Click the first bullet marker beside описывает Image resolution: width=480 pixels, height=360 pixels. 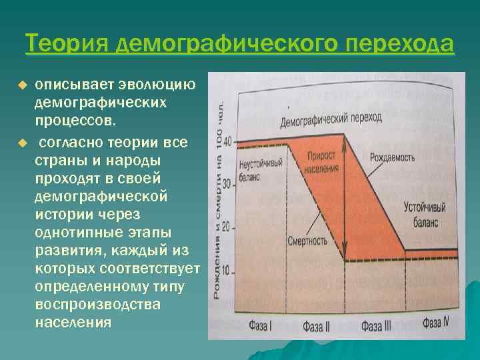pyautogui.click(x=22, y=87)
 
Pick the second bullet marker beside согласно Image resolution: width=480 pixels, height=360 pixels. pyautogui.click(x=22, y=144)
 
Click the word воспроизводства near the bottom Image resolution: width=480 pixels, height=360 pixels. pyautogui.click(x=97, y=304)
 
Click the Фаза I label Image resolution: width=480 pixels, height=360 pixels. pyautogui.click(x=261, y=326)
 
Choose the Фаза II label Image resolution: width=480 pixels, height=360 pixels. pyautogui.click(x=317, y=326)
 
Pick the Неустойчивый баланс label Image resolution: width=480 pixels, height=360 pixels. pyautogui.click(x=261, y=169)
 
